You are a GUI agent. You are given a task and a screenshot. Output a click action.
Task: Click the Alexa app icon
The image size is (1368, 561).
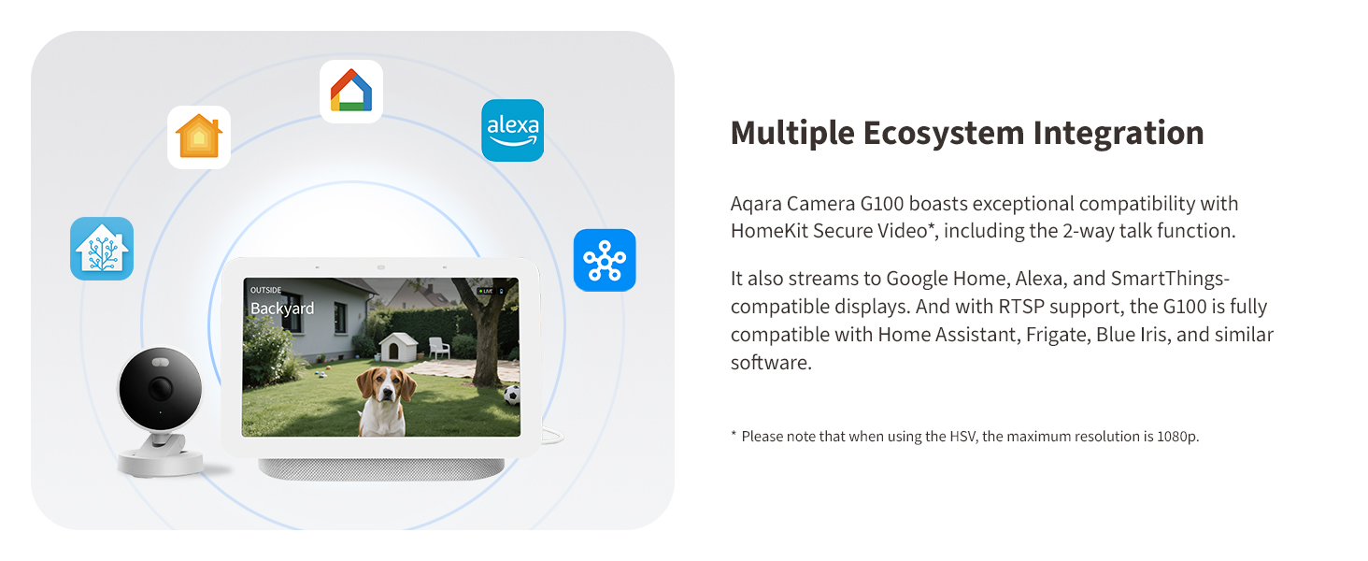point(512,130)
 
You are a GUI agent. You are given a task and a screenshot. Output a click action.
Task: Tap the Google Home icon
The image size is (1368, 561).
point(351,92)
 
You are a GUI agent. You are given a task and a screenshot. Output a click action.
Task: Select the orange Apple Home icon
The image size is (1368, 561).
point(199,137)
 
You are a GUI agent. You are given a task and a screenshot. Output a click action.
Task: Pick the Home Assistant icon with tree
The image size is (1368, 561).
point(102,249)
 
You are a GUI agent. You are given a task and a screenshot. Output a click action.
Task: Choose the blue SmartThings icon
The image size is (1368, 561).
point(605,260)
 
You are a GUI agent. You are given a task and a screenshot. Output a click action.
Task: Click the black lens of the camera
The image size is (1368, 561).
point(160,388)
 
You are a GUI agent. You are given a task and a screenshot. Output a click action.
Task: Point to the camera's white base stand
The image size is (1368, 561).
point(160,460)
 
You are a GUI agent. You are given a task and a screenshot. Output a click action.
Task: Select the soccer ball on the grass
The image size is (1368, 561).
point(512,396)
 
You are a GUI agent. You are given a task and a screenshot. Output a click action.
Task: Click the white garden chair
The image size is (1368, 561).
point(438,347)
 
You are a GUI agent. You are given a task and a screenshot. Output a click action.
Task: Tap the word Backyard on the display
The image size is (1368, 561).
point(282,309)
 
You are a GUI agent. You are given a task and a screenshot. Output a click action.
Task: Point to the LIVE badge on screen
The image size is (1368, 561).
point(487,292)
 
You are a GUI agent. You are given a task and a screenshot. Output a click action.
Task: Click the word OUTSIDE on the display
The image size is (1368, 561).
point(266,291)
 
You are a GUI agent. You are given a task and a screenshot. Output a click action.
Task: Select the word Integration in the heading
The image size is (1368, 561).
point(1118,133)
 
